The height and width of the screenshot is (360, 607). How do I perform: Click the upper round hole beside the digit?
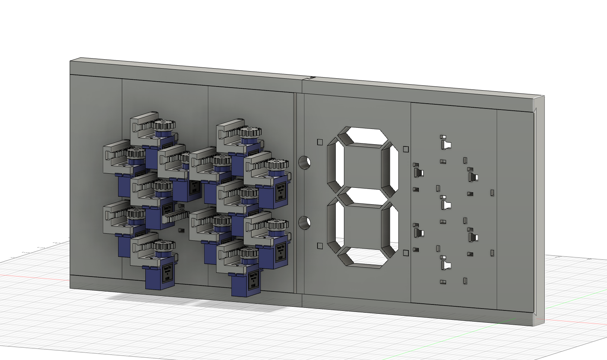pyautogui.click(x=304, y=162)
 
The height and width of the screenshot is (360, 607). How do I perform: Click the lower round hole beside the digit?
pyautogui.click(x=304, y=223)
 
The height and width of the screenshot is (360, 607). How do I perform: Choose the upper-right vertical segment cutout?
pyautogui.click(x=391, y=170)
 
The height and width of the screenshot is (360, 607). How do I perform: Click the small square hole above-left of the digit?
pyautogui.click(x=320, y=142)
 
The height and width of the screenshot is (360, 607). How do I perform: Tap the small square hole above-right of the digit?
pyautogui.click(x=406, y=149)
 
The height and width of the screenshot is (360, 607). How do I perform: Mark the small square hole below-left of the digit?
pyautogui.click(x=320, y=246)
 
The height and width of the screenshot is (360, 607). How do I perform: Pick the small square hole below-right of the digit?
pyautogui.click(x=406, y=253)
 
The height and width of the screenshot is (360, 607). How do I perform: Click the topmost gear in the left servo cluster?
pyautogui.click(x=164, y=124)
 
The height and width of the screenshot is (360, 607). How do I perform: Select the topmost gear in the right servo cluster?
pyautogui.click(x=250, y=132)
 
